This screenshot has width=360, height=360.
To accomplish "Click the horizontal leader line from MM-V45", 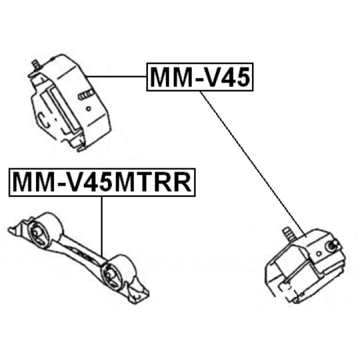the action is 116,76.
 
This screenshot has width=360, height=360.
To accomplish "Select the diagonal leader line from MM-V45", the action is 253,164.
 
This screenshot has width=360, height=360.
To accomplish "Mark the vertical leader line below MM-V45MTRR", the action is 102,227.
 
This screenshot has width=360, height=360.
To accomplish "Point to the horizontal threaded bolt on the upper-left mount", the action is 85,94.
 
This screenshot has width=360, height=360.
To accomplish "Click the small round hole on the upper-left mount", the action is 88,109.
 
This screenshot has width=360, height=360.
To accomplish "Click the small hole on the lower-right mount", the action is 319,254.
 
